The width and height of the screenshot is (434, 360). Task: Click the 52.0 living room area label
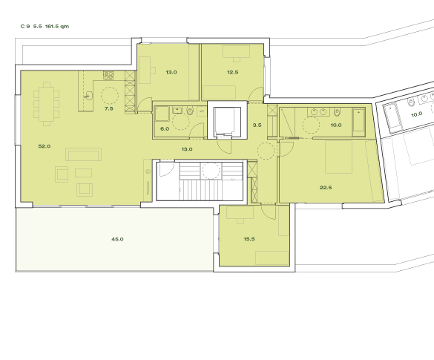click(x=44, y=146)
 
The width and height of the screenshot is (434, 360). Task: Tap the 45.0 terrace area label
click(x=117, y=239)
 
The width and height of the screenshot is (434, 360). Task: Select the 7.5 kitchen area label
click(x=108, y=109)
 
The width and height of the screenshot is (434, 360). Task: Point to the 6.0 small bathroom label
click(x=165, y=128)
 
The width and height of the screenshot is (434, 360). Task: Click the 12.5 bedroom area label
click(x=232, y=72)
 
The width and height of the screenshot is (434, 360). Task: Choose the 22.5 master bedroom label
click(x=325, y=188)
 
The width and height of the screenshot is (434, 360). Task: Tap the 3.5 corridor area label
click(x=257, y=125)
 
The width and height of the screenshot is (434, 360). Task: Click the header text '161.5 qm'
click(x=56, y=26)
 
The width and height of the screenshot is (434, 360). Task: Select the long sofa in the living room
click(x=83, y=154)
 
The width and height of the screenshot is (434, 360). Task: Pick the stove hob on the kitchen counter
click(x=108, y=75)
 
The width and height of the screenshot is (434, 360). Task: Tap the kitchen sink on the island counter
click(x=88, y=95)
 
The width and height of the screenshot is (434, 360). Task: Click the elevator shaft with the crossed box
click(x=227, y=121)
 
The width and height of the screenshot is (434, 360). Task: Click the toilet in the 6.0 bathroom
click(x=191, y=112)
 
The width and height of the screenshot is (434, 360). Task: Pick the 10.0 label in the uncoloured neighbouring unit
click(x=416, y=114)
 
